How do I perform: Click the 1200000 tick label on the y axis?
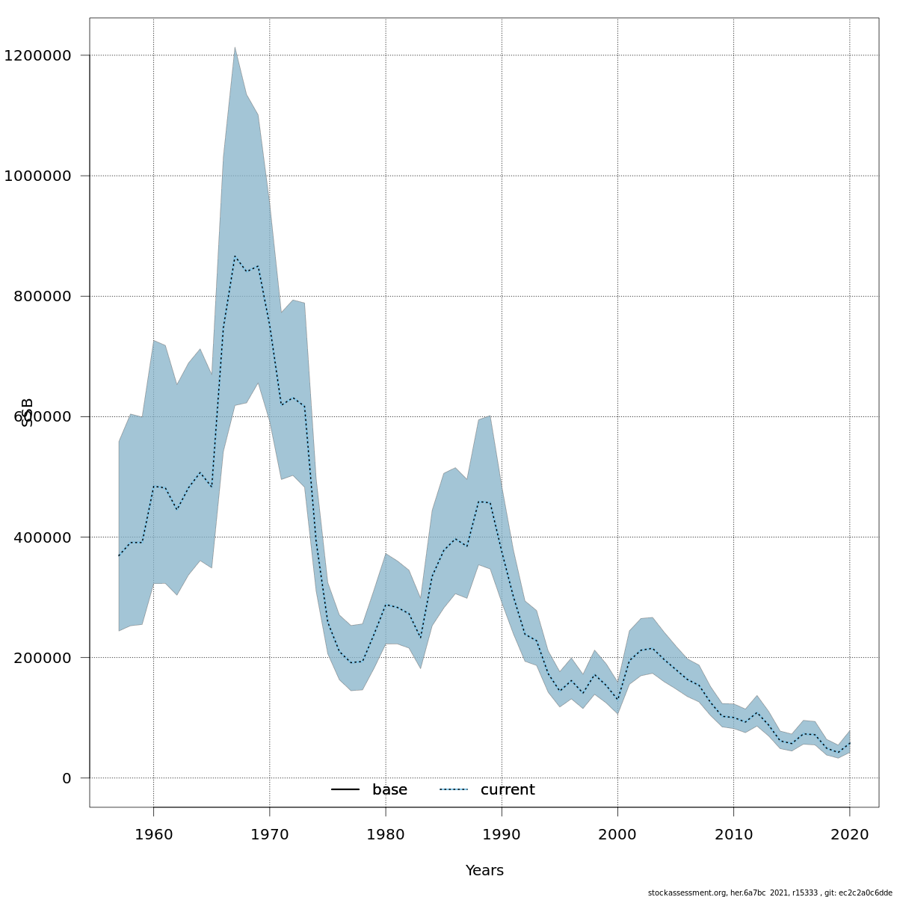(x=37, y=55)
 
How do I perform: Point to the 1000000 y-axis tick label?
(x=37, y=176)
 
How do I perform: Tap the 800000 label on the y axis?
(x=43, y=296)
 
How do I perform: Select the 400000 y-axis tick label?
(x=43, y=537)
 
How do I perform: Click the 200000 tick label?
(x=43, y=658)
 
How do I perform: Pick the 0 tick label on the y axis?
(x=67, y=778)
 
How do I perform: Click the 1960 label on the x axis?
(x=153, y=834)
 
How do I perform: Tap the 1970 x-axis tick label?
(x=269, y=834)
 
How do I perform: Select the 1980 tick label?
(x=386, y=834)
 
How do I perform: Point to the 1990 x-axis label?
(x=502, y=834)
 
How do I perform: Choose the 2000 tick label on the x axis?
(x=617, y=834)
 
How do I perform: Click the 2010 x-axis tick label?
(x=733, y=834)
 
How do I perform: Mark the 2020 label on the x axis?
(x=849, y=834)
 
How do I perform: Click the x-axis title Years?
(x=484, y=871)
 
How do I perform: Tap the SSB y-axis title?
(x=28, y=412)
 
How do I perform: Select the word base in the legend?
(x=389, y=790)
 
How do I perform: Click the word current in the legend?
(x=508, y=790)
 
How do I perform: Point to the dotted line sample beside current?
(x=454, y=790)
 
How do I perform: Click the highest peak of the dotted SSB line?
(x=235, y=256)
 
